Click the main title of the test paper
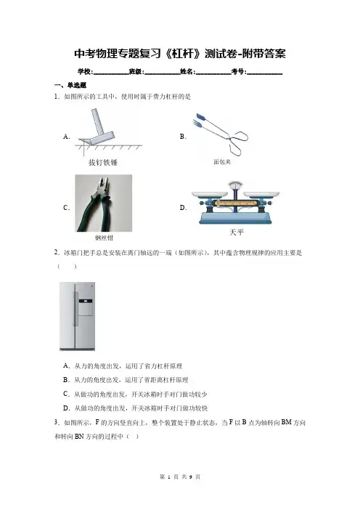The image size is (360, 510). pyautogui.click(x=180, y=54)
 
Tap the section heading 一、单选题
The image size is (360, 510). pyautogui.click(x=70, y=85)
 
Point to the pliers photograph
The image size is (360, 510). pyautogui.click(x=103, y=203)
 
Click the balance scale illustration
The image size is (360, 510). pyautogui.click(x=236, y=203)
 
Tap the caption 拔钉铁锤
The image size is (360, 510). pyautogui.click(x=103, y=162)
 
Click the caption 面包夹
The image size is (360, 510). pyautogui.click(x=222, y=162)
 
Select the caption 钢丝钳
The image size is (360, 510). pyautogui.click(x=104, y=238)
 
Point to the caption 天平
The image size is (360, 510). pyautogui.click(x=237, y=232)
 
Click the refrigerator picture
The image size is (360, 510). pyautogui.click(x=78, y=316)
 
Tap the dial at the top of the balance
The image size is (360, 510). pyautogui.click(x=235, y=185)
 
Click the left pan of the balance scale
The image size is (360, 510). pyautogui.click(x=210, y=195)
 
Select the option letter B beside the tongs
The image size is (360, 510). pyautogui.click(x=183, y=137)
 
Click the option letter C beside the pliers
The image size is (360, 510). pyautogui.click(x=66, y=208)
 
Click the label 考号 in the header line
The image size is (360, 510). pyautogui.click(x=239, y=71)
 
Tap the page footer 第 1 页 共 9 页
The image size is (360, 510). pyautogui.click(x=180, y=477)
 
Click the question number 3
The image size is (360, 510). pyautogui.click(x=57, y=423)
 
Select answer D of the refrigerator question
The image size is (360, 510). pyautogui.click(x=135, y=408)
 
